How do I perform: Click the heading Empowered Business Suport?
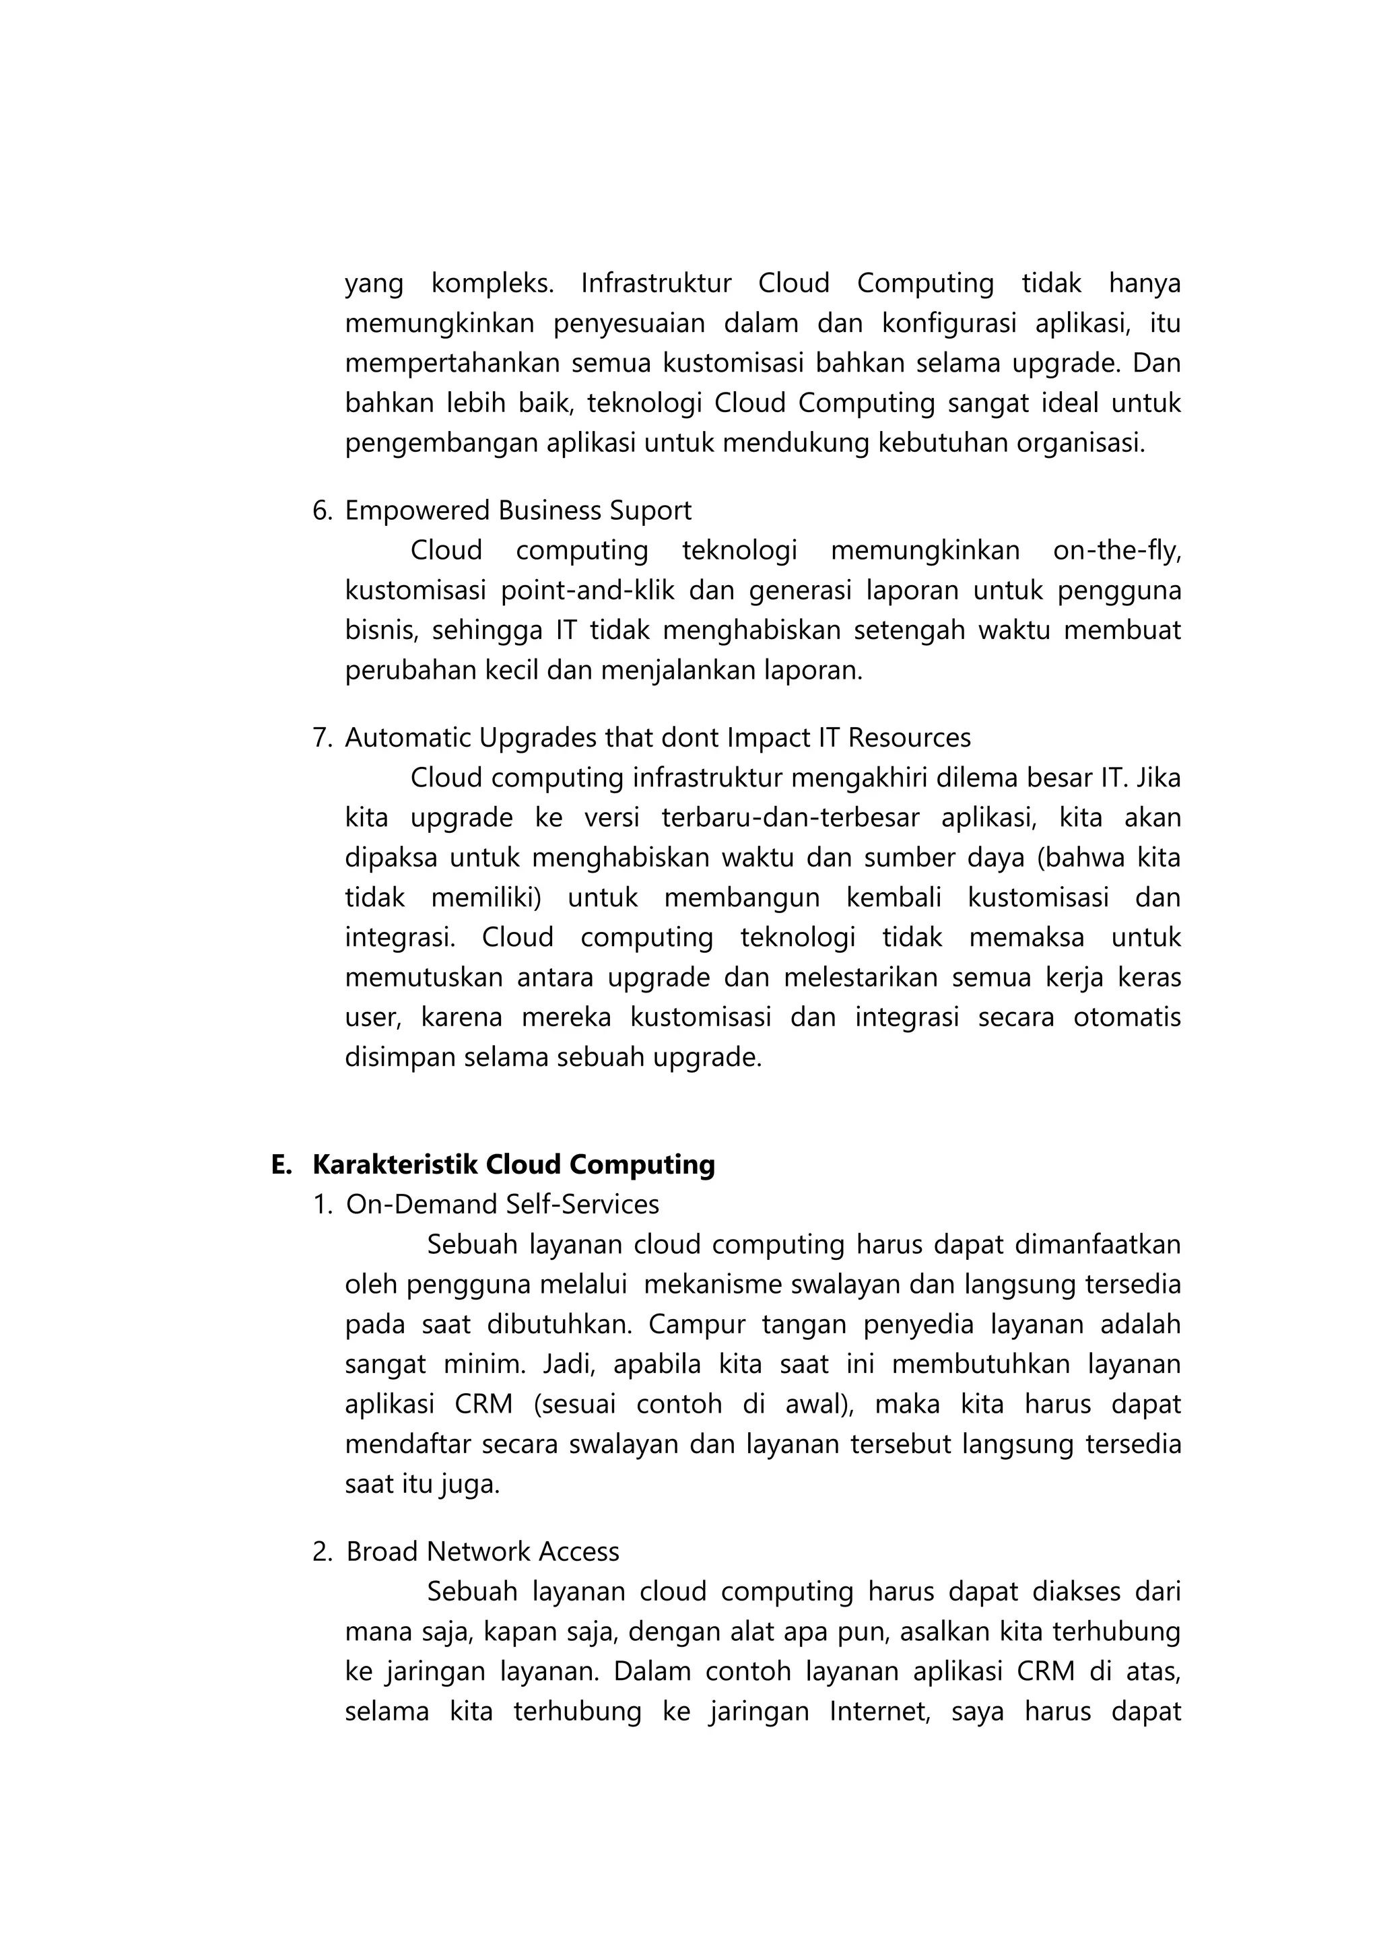(518, 510)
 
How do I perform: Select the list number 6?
(322, 510)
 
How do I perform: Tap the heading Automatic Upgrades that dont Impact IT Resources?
(657, 737)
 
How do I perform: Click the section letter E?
(280, 1164)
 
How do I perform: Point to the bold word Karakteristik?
(394, 1164)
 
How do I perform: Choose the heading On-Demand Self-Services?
(502, 1205)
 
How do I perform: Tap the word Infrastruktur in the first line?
(656, 283)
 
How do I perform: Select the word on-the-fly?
(1116, 550)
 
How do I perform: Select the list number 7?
(322, 737)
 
